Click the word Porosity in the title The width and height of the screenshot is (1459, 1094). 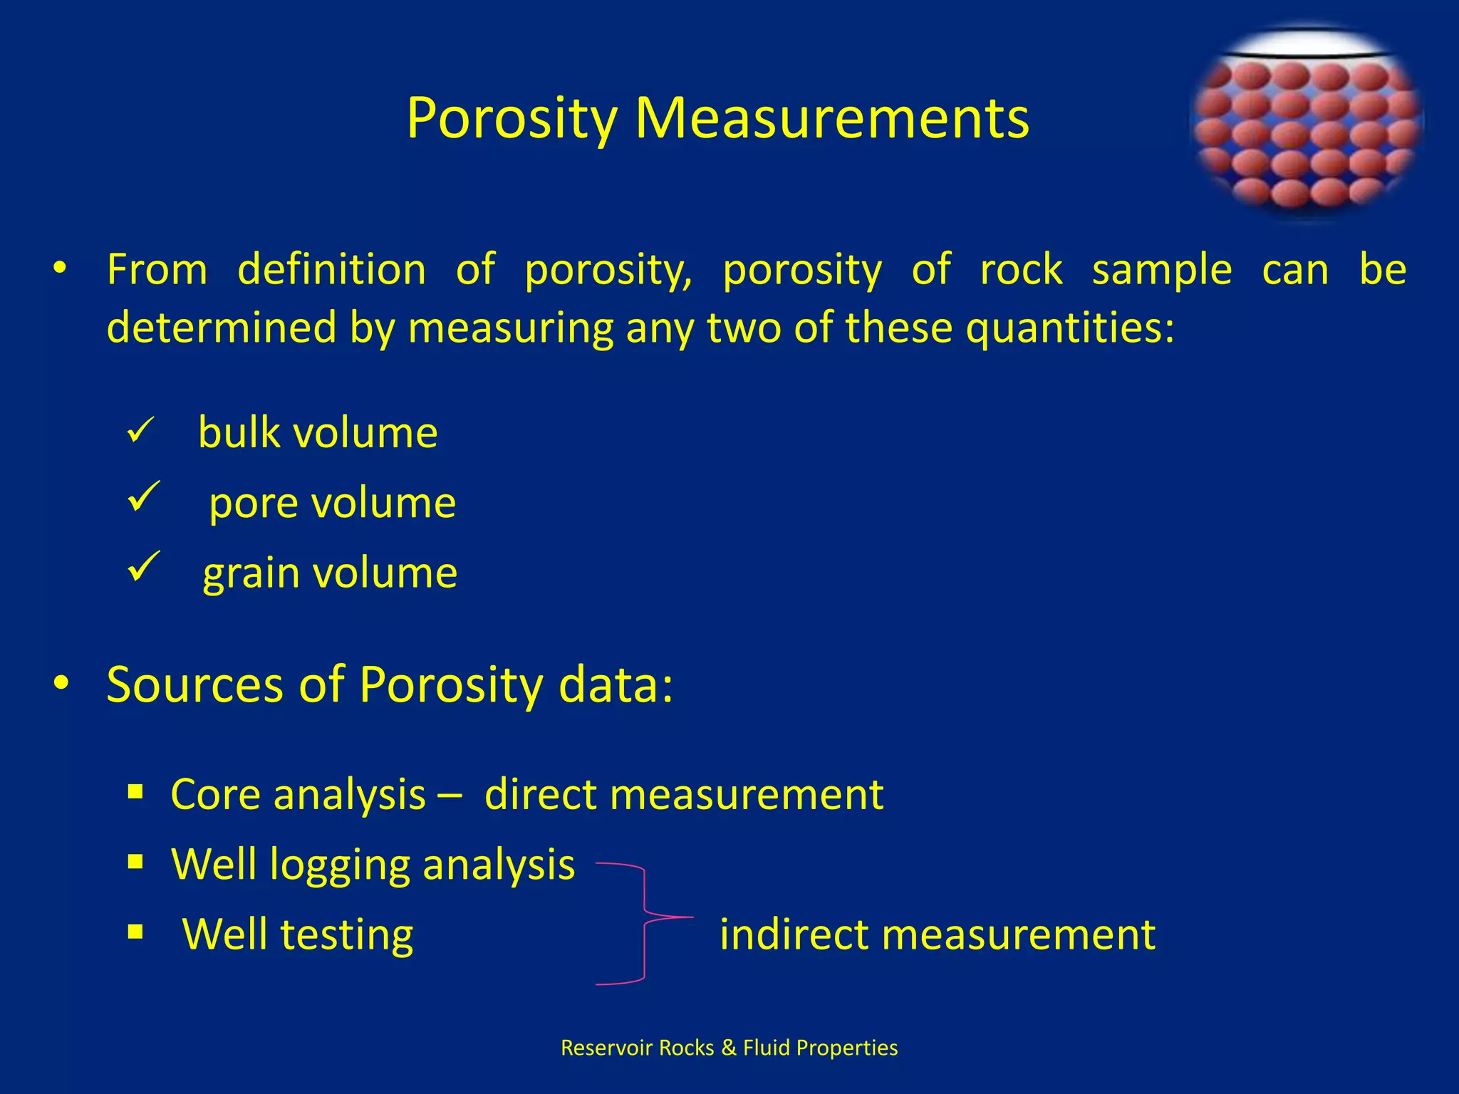tap(512, 118)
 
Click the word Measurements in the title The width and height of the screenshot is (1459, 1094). tap(832, 118)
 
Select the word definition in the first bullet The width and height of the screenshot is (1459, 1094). tap(331, 270)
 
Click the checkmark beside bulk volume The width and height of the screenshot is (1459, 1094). tap(140, 432)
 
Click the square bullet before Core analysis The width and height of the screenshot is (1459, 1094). tap(135, 791)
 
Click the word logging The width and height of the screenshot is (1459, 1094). tap(340, 865)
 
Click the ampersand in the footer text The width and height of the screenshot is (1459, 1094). tap(728, 1048)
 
